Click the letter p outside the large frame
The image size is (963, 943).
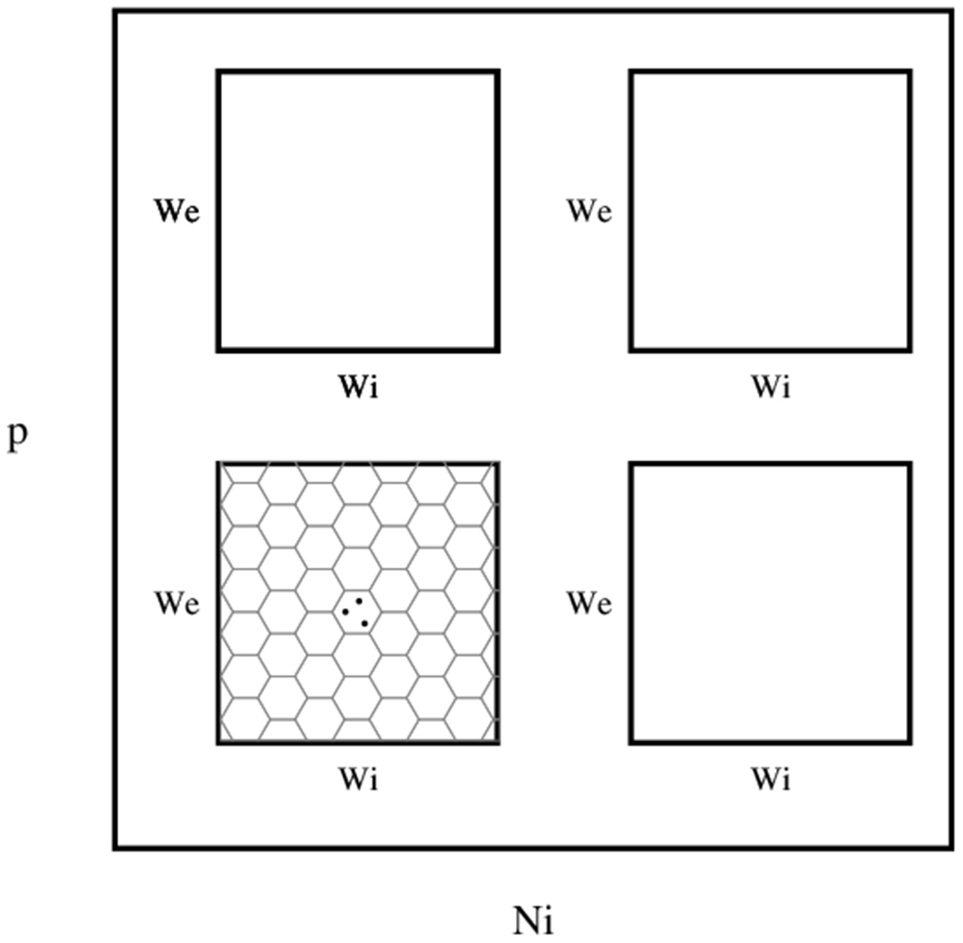(x=18, y=436)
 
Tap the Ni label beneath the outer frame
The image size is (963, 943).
(x=533, y=921)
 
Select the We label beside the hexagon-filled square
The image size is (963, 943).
(x=177, y=603)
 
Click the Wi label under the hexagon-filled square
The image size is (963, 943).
(x=358, y=779)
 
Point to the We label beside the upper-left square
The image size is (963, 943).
(x=177, y=211)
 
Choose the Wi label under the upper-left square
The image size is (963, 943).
(x=358, y=387)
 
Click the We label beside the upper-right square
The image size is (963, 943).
(x=589, y=211)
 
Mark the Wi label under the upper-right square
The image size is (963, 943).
(x=771, y=387)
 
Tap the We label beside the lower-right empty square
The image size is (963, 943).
(x=589, y=603)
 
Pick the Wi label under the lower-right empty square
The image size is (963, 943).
(x=771, y=779)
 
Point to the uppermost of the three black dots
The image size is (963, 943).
(x=358, y=601)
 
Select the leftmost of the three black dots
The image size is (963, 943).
(x=346, y=612)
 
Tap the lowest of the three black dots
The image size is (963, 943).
(x=365, y=623)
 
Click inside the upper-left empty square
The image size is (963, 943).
(x=358, y=211)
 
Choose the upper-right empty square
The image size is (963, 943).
(x=771, y=211)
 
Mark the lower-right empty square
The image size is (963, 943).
(x=771, y=603)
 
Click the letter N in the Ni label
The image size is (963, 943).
(x=526, y=921)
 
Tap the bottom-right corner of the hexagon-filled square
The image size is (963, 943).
(x=498, y=742)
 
